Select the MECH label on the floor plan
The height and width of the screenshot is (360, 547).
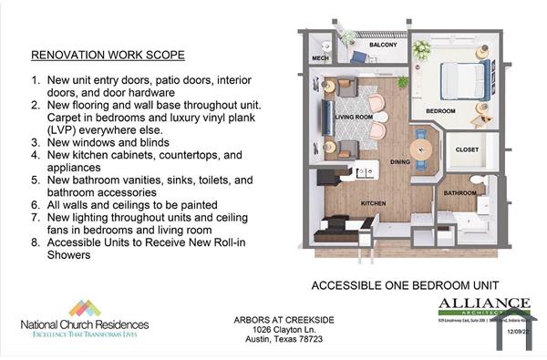320,58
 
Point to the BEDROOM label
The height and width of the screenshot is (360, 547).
441,112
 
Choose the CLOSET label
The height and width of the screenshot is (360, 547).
467,149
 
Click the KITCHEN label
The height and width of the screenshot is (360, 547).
373,202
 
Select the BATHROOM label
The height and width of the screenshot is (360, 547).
459,193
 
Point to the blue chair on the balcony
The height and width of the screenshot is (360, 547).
359,56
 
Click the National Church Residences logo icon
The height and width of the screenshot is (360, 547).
84,308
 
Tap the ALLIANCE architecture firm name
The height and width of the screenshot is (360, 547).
483,303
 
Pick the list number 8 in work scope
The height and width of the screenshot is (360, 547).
36,243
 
